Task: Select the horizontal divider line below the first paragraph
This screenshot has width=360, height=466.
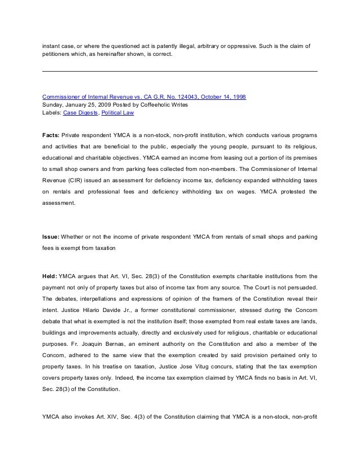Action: [180, 71]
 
